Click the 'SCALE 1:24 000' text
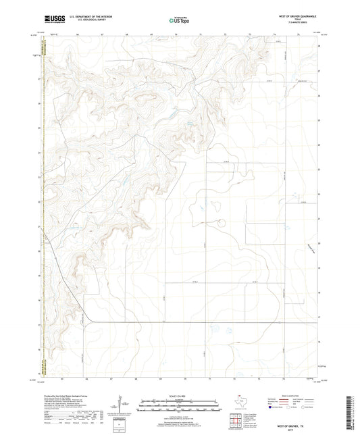[x=180, y=395]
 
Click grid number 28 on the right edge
[x=319, y=45]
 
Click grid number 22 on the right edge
[x=319, y=194]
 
